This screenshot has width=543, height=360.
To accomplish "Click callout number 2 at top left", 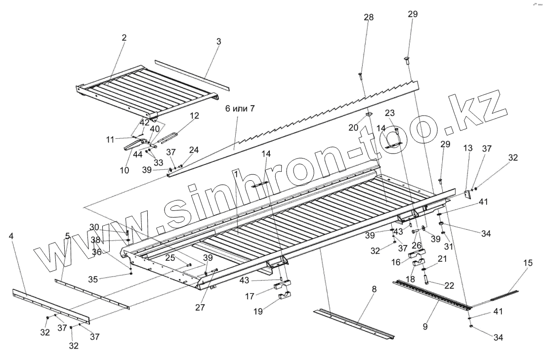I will point(124,38).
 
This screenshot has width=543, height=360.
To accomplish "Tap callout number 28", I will point(369,18).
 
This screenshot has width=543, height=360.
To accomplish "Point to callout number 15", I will point(528,263).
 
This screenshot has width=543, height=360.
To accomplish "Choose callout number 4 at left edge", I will point(11,236).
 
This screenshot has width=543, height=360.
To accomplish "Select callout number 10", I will point(124,170).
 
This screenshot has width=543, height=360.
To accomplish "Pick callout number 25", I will point(170,258).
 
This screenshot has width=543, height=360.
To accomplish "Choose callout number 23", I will point(390,113).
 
